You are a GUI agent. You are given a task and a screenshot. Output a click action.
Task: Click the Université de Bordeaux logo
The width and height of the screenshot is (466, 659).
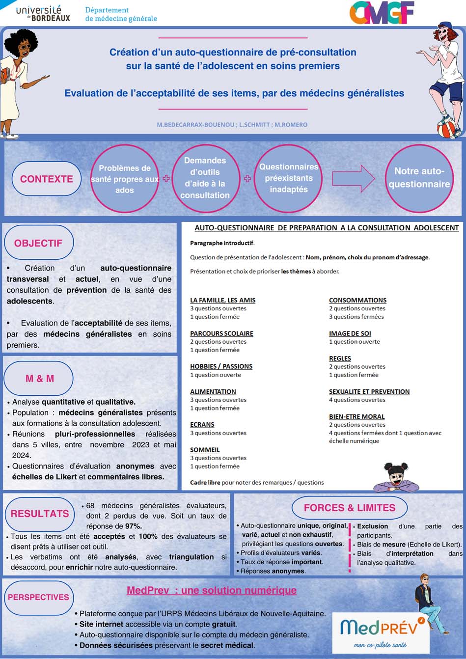(43, 13)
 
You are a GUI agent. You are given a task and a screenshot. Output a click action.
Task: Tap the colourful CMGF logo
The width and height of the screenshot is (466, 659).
(382, 13)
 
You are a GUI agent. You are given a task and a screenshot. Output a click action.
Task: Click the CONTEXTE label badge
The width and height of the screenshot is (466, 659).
(46, 179)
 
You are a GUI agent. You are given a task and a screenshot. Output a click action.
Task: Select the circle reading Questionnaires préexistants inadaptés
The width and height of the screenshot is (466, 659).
(288, 178)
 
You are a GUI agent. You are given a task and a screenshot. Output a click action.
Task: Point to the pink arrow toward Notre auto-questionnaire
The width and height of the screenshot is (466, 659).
(353, 178)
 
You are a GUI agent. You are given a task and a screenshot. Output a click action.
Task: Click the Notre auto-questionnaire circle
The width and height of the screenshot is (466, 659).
(419, 178)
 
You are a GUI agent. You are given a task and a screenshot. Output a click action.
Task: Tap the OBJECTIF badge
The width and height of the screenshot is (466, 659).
(38, 243)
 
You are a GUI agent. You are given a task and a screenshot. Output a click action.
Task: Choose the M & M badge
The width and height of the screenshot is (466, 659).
(39, 379)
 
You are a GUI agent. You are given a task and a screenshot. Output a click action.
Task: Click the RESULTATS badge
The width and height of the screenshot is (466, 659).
(40, 514)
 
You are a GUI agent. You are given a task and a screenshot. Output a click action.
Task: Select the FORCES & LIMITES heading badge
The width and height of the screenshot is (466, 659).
(349, 508)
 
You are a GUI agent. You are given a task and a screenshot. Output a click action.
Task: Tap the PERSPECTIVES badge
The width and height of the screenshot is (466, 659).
(38, 597)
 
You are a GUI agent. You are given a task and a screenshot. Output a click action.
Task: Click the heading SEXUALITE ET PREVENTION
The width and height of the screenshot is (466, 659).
(369, 391)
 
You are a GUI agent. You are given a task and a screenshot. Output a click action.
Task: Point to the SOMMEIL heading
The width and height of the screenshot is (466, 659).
(205, 450)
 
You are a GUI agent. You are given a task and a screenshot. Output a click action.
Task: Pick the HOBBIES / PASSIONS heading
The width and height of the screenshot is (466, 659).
(221, 366)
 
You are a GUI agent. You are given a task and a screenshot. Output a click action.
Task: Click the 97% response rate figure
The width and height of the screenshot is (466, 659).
(133, 526)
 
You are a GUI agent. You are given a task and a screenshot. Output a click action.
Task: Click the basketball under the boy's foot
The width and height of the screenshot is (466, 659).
(446, 129)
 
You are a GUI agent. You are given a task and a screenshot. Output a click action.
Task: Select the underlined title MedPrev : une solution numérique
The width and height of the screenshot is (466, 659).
(211, 590)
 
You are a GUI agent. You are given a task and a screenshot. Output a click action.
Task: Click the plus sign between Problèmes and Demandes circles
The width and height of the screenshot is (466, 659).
(166, 179)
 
